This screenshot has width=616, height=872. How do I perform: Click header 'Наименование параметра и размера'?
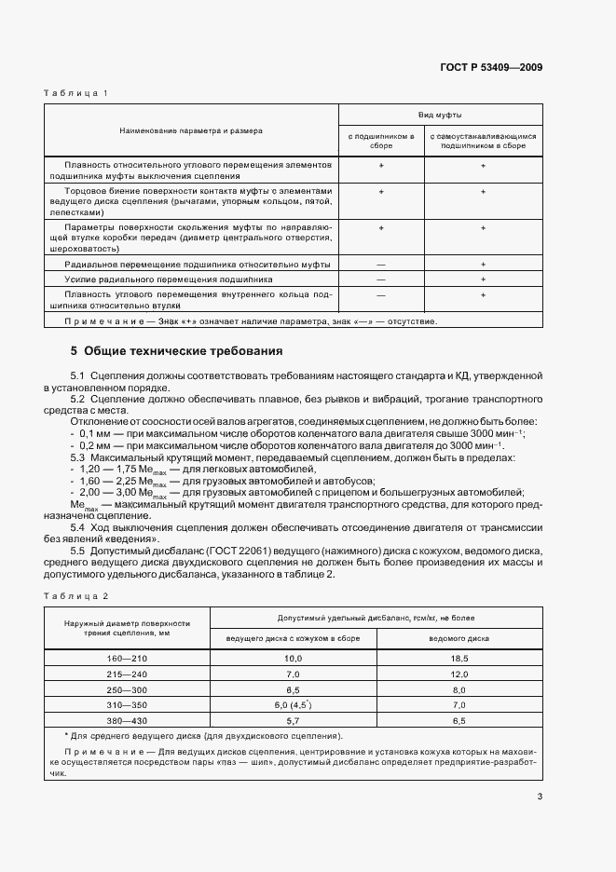click(x=190, y=131)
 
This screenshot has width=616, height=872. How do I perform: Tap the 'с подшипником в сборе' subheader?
click(x=381, y=141)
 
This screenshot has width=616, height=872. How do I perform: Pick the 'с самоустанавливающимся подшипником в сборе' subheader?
click(x=483, y=141)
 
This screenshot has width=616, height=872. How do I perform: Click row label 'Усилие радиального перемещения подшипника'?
click(x=168, y=279)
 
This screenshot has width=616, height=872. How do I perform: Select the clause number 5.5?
click(x=78, y=550)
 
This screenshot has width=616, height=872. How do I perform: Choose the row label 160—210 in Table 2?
click(x=127, y=658)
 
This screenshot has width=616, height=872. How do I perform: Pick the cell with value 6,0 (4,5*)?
click(x=292, y=706)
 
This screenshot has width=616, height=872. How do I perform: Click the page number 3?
click(x=540, y=796)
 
